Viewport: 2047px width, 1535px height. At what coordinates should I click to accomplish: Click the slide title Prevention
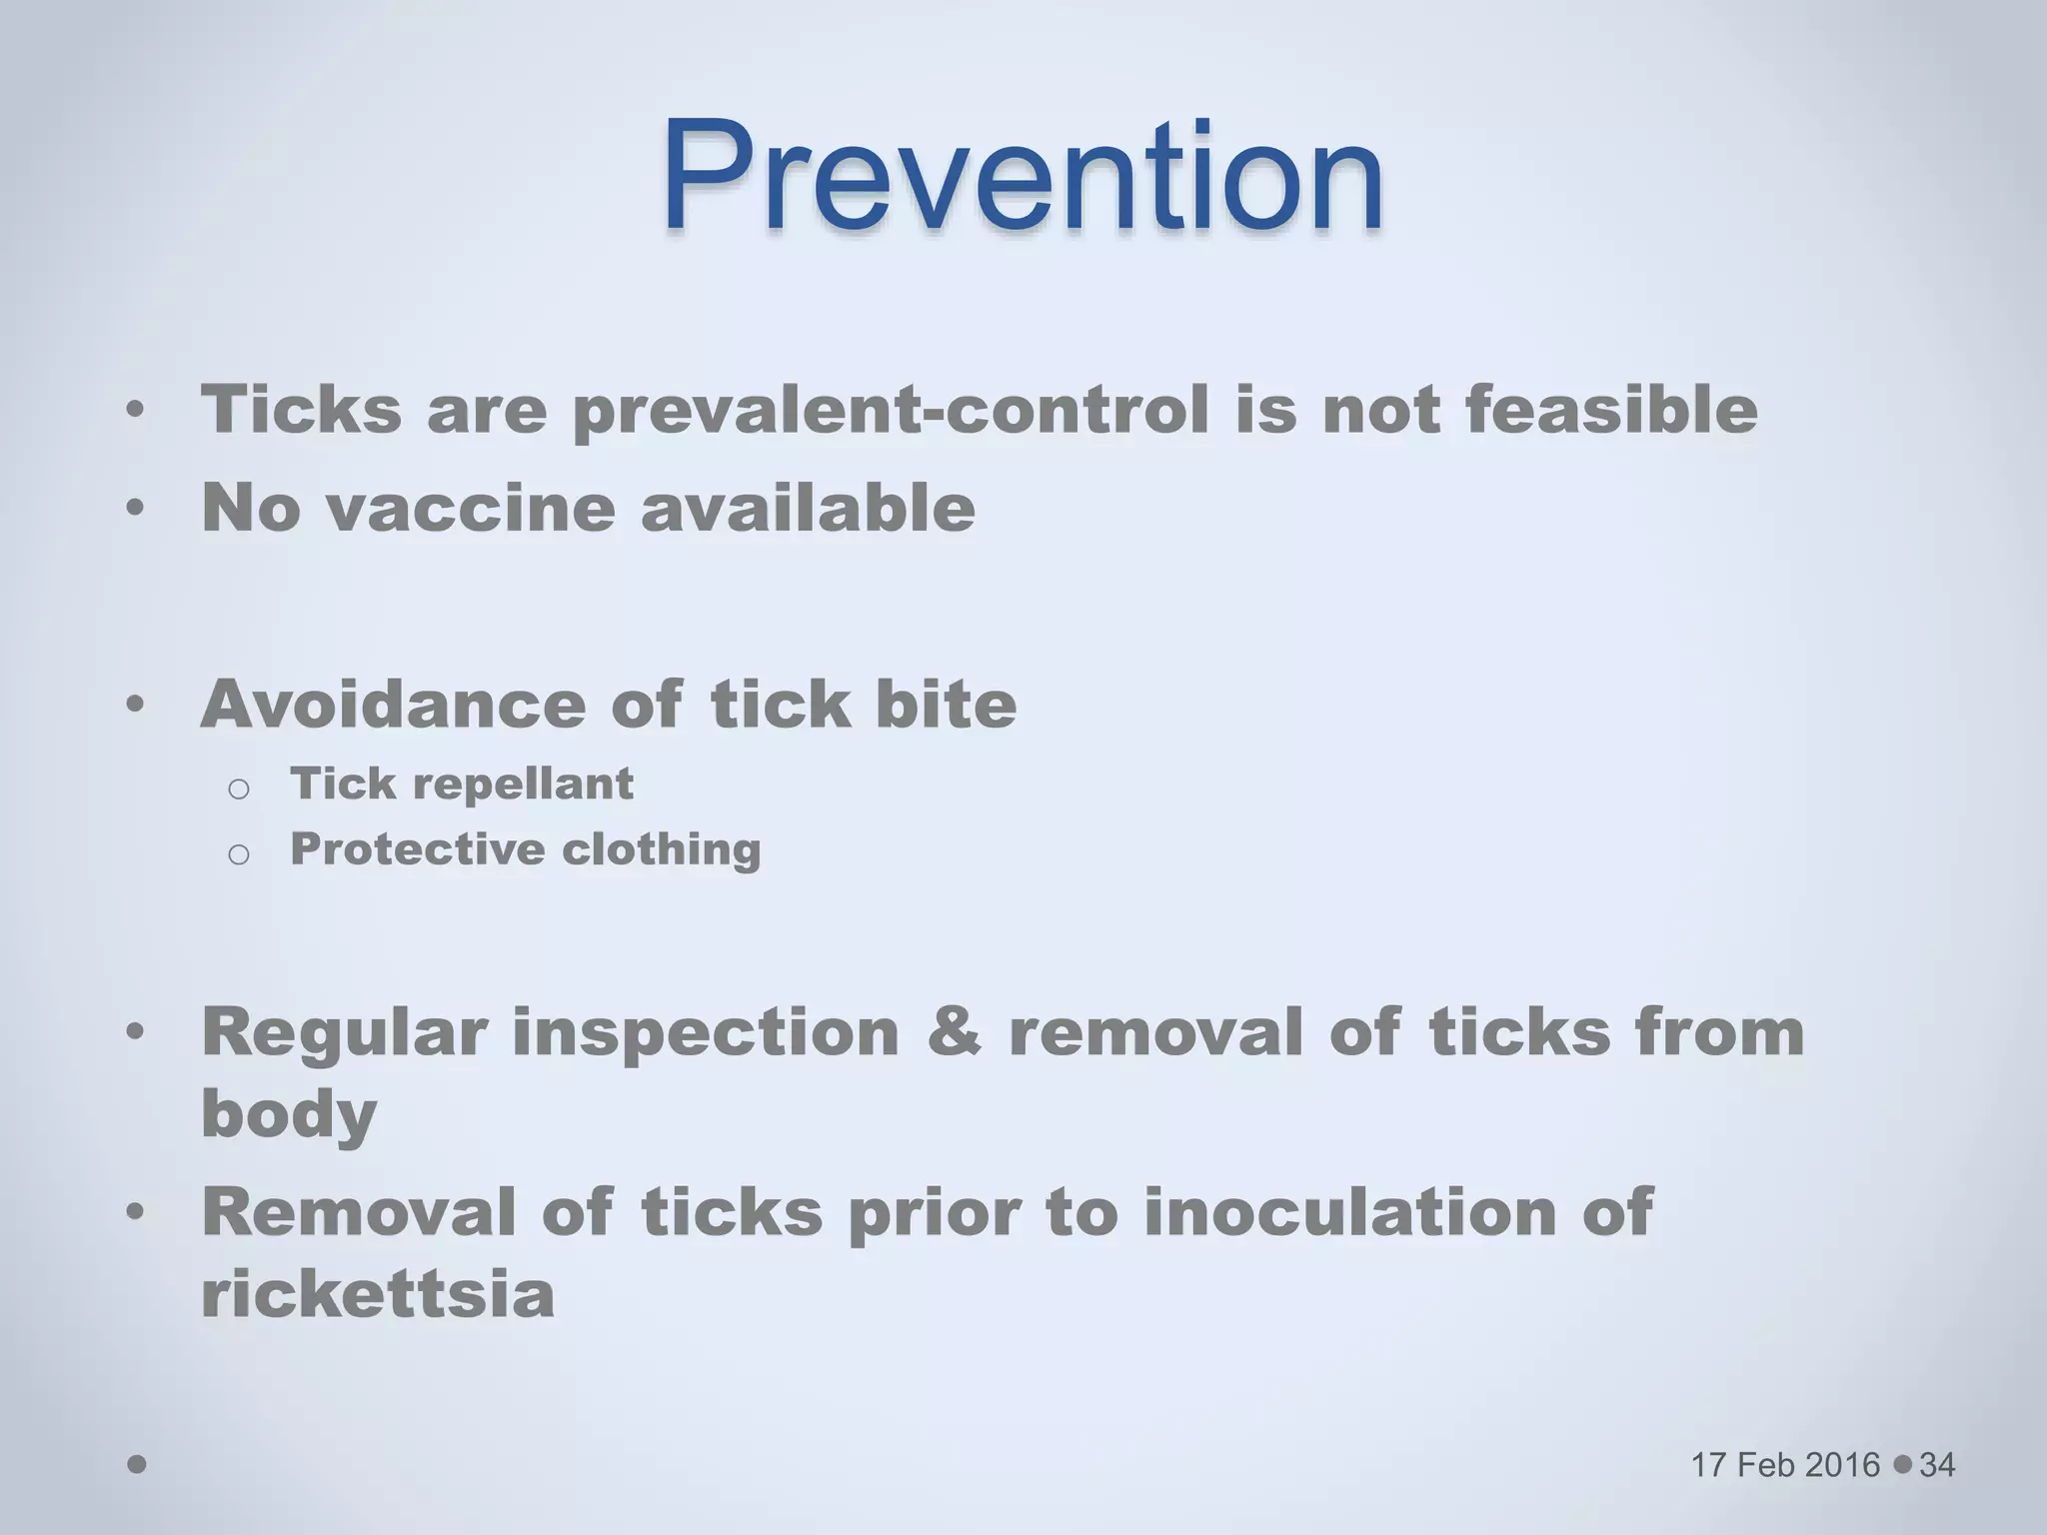click(1022, 177)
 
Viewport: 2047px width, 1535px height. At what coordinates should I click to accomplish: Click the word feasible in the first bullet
click(1611, 411)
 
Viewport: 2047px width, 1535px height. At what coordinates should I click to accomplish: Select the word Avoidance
click(393, 705)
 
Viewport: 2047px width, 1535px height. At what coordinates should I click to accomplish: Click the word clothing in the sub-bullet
click(661, 850)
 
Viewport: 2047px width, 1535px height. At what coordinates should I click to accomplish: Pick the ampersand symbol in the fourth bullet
click(955, 1031)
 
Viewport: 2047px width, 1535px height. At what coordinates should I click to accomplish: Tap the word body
click(289, 1114)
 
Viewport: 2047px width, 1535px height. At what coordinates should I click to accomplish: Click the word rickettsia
click(378, 1294)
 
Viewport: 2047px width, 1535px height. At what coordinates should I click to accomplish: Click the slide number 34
click(1937, 1465)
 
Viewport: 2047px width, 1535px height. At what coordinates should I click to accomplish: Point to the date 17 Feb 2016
click(1785, 1465)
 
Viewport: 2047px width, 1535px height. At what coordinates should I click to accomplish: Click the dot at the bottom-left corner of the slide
click(138, 1464)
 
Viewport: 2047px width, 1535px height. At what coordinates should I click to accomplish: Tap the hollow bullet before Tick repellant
click(238, 789)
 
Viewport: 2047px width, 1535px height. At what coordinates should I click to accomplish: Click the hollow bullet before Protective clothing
click(238, 854)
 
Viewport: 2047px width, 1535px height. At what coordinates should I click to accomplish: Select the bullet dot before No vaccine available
click(136, 509)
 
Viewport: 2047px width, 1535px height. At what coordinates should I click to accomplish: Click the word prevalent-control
click(891, 411)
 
